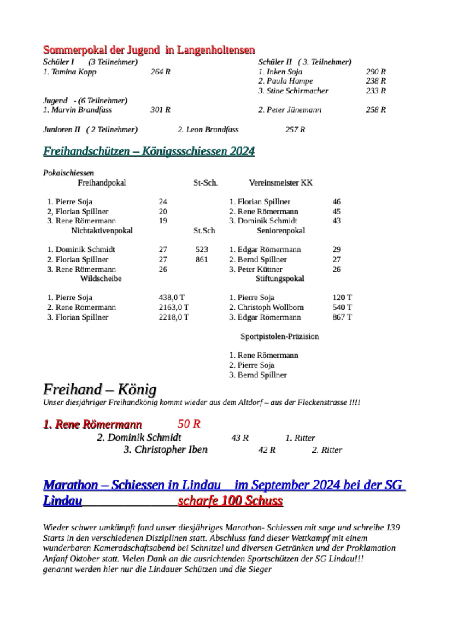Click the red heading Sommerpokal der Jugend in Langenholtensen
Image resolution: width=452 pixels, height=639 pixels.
(x=149, y=50)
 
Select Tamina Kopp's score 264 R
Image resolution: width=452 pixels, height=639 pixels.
(x=160, y=72)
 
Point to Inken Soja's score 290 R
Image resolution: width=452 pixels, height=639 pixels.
(x=375, y=72)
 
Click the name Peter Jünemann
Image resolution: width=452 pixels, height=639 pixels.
(x=290, y=110)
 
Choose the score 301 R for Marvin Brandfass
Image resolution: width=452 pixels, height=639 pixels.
(x=160, y=110)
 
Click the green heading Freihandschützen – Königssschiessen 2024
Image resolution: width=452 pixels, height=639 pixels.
(x=149, y=151)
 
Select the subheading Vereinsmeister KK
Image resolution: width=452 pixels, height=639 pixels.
(x=281, y=183)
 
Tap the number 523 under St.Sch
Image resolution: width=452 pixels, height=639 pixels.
(x=201, y=249)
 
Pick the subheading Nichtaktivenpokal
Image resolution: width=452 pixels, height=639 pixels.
(x=102, y=231)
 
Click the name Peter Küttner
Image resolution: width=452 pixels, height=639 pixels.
(x=256, y=269)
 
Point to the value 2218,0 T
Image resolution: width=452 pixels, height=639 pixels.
(x=174, y=317)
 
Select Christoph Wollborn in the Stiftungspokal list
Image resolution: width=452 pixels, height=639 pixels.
(x=267, y=307)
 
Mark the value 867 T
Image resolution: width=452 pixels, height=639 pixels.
(x=342, y=317)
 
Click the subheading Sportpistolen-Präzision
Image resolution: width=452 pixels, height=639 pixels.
(x=279, y=336)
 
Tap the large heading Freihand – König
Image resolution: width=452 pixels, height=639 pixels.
(x=99, y=389)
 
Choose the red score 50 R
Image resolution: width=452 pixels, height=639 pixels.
(x=189, y=424)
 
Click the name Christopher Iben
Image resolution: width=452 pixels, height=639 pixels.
(x=165, y=449)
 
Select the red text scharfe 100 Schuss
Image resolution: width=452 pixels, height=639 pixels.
(x=230, y=501)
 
